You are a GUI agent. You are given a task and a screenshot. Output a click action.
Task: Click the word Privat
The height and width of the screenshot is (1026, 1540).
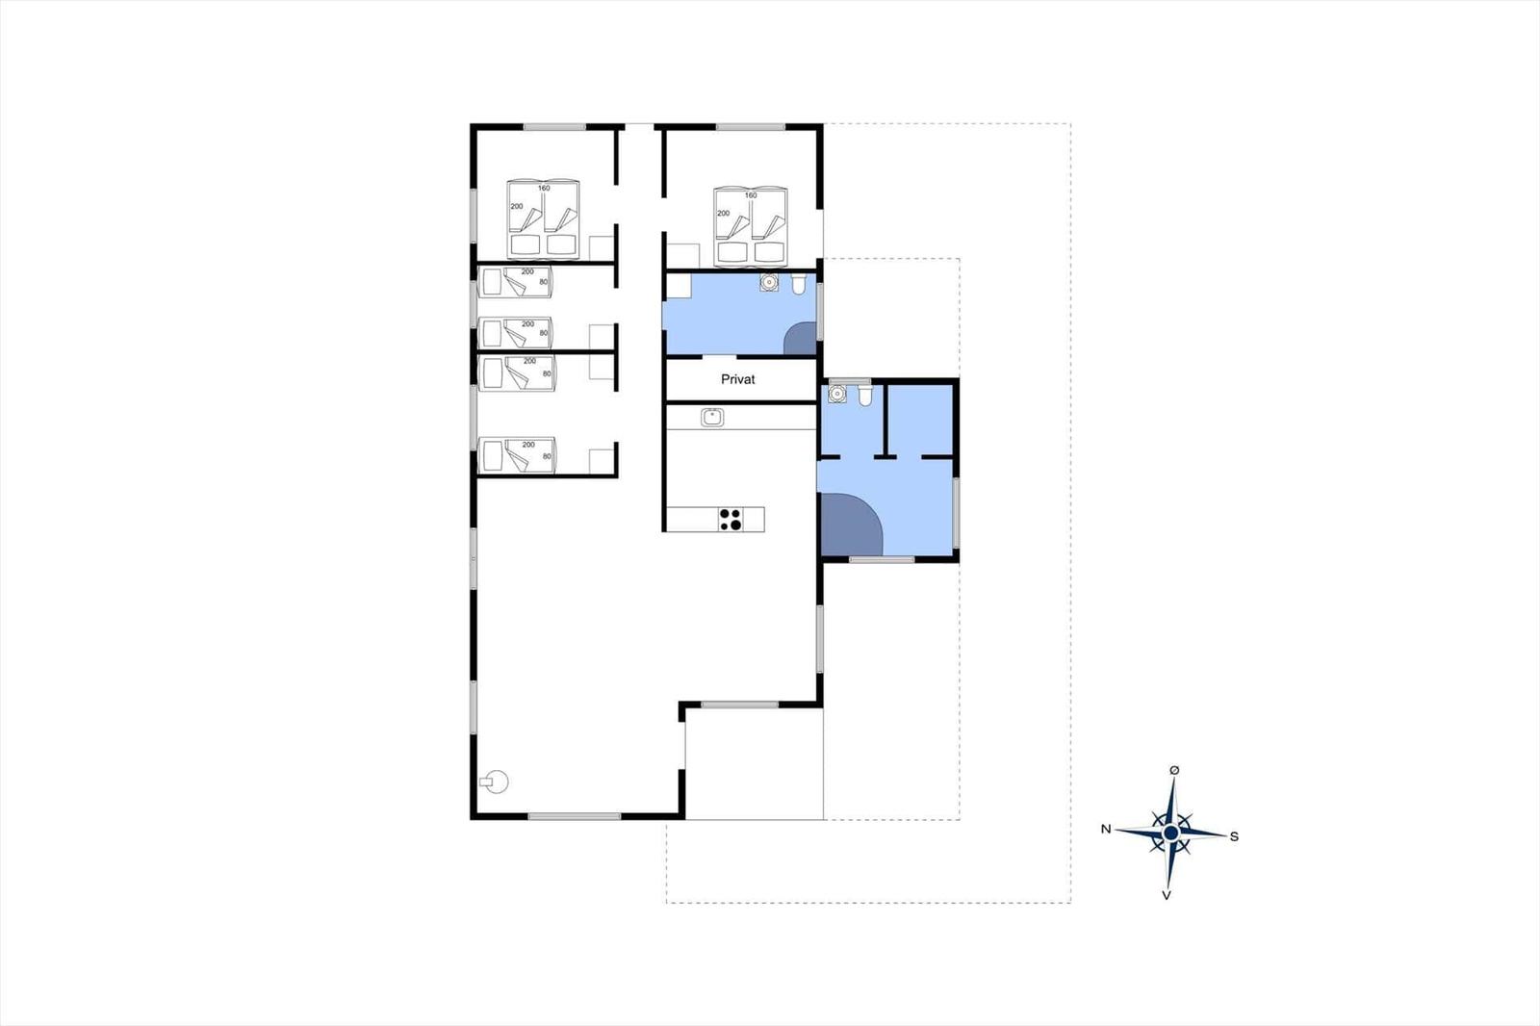(x=737, y=379)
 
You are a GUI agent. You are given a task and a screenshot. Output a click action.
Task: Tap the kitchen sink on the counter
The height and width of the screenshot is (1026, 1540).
(x=712, y=417)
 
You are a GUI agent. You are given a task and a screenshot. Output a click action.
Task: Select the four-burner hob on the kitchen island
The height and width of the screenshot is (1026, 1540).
(x=731, y=519)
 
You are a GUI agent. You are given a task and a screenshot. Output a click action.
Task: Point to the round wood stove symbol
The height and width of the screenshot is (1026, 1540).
(x=495, y=782)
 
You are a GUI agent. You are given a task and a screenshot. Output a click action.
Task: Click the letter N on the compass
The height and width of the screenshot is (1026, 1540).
(x=1106, y=830)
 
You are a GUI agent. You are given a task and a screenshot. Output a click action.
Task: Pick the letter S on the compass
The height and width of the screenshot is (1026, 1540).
(x=1234, y=837)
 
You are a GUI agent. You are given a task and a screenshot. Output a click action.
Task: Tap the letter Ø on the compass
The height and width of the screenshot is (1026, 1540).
(x=1174, y=771)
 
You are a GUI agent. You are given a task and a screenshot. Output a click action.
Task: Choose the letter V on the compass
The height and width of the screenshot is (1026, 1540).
(x=1166, y=895)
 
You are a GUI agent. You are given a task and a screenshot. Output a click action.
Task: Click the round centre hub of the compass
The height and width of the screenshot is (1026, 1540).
(x=1170, y=834)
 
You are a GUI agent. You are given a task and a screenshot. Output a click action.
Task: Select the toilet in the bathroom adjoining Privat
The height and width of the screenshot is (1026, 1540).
(x=798, y=284)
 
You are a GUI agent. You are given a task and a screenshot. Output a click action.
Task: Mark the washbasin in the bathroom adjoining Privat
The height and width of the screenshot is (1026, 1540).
(x=769, y=282)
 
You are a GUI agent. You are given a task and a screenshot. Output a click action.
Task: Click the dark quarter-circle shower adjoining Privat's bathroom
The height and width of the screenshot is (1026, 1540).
(x=801, y=339)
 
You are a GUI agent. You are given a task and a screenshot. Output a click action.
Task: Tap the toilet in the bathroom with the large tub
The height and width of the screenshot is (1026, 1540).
(x=865, y=395)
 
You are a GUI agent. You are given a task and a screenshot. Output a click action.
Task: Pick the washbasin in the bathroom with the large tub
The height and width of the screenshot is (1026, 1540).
(x=836, y=394)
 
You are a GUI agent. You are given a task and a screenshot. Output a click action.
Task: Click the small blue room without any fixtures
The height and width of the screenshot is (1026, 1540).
(x=920, y=421)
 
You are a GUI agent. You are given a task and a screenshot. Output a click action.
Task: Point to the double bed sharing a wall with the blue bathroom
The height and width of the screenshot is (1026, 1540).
(x=751, y=225)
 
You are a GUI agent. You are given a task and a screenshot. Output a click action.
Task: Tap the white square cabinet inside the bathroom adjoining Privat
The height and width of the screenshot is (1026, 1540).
(x=679, y=286)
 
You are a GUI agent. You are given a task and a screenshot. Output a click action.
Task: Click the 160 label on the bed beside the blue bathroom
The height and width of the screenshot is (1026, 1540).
(x=751, y=195)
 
